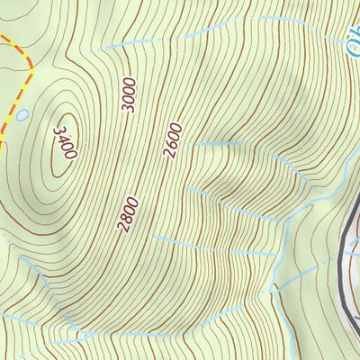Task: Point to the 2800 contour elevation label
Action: pos(129,213)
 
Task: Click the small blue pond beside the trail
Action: pos(22,114)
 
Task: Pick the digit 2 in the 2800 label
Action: pos(122,226)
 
